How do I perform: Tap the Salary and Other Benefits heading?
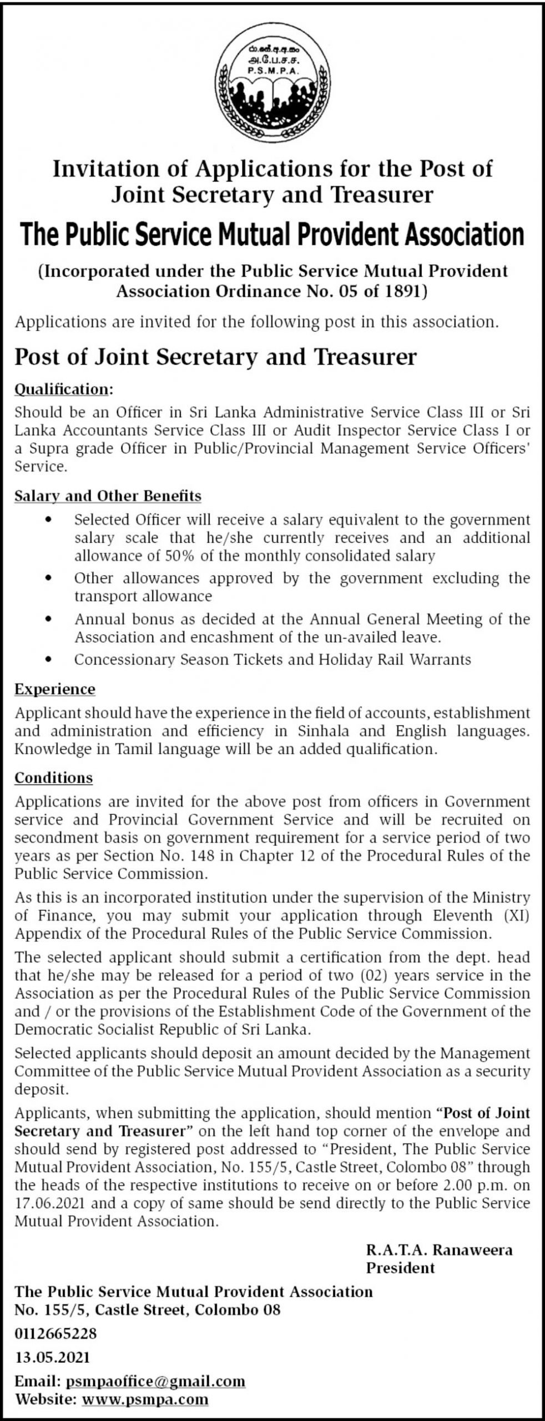click(108, 495)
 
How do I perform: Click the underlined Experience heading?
click(55, 689)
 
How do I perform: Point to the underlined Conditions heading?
click(53, 778)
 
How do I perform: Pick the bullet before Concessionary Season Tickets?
click(50, 659)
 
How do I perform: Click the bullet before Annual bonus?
click(50, 619)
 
